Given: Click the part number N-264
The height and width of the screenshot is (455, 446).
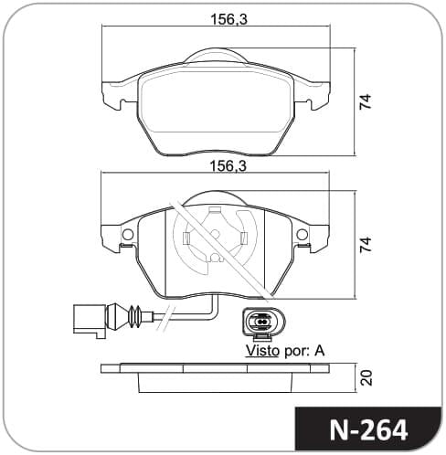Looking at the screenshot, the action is coord(368,430).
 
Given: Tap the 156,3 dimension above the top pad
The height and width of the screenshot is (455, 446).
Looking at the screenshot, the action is coord(229,19).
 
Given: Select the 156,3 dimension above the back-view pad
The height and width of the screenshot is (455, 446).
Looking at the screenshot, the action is coord(228,166).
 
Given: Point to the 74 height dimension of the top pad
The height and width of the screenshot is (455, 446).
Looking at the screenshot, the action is coord(366,101).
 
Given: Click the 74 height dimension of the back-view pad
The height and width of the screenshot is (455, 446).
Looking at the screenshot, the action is coord(366,244).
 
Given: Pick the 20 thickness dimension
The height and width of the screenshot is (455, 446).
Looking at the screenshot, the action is coord(366,377).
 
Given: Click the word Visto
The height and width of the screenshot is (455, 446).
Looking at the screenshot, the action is coord(262,351).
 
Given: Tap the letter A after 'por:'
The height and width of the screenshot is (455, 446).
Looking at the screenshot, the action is coord(320,351).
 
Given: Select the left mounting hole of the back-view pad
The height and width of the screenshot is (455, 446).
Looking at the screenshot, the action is coord(128,234).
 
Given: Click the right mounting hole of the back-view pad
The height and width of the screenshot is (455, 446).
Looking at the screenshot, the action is coord(303,234).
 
